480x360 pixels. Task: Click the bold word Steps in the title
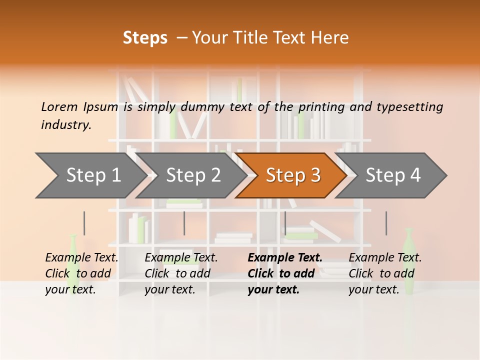pos(145,38)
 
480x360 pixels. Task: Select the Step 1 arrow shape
pos(90,175)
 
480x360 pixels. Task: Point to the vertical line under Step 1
pos(84,223)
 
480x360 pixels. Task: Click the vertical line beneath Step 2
pos(184,223)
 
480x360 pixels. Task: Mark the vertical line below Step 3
pos(285,223)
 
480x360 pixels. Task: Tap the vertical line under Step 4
pos(386,223)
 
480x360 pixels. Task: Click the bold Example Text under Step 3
pos(285,258)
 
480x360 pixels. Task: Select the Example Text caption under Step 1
pos(81,258)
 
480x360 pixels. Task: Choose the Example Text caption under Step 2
pos(181,258)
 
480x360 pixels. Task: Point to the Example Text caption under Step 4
pos(385,258)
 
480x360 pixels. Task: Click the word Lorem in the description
pos(59,107)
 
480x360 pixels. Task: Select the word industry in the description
pos(65,125)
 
